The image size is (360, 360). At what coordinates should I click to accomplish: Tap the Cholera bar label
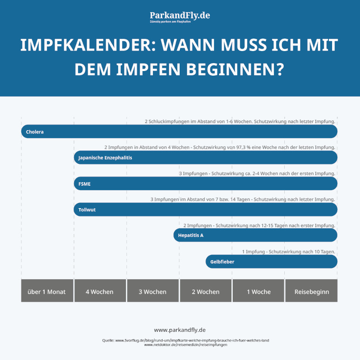click(x=35, y=132)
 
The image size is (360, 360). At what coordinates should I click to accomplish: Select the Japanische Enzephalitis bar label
click(x=105, y=158)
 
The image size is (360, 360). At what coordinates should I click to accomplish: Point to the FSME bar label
click(x=85, y=184)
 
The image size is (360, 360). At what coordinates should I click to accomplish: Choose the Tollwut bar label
click(x=87, y=210)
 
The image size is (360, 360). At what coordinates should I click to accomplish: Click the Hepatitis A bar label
click(x=190, y=236)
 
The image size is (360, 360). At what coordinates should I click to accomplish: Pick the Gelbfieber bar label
click(x=222, y=262)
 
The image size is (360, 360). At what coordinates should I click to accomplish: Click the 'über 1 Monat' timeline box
click(x=47, y=291)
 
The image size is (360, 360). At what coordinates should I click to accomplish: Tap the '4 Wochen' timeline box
click(x=100, y=291)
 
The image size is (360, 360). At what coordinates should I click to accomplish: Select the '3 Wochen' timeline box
click(x=153, y=291)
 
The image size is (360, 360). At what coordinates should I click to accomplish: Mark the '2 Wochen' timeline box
click(x=206, y=291)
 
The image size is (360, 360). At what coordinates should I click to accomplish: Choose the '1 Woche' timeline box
click(x=259, y=291)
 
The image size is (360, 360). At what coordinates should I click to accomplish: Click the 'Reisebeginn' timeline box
click(x=311, y=291)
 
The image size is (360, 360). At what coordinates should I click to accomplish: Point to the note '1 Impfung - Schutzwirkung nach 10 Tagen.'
click(x=288, y=252)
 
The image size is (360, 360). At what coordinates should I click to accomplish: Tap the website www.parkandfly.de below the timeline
click(x=180, y=330)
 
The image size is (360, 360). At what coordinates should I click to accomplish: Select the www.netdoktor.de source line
click(x=186, y=345)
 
